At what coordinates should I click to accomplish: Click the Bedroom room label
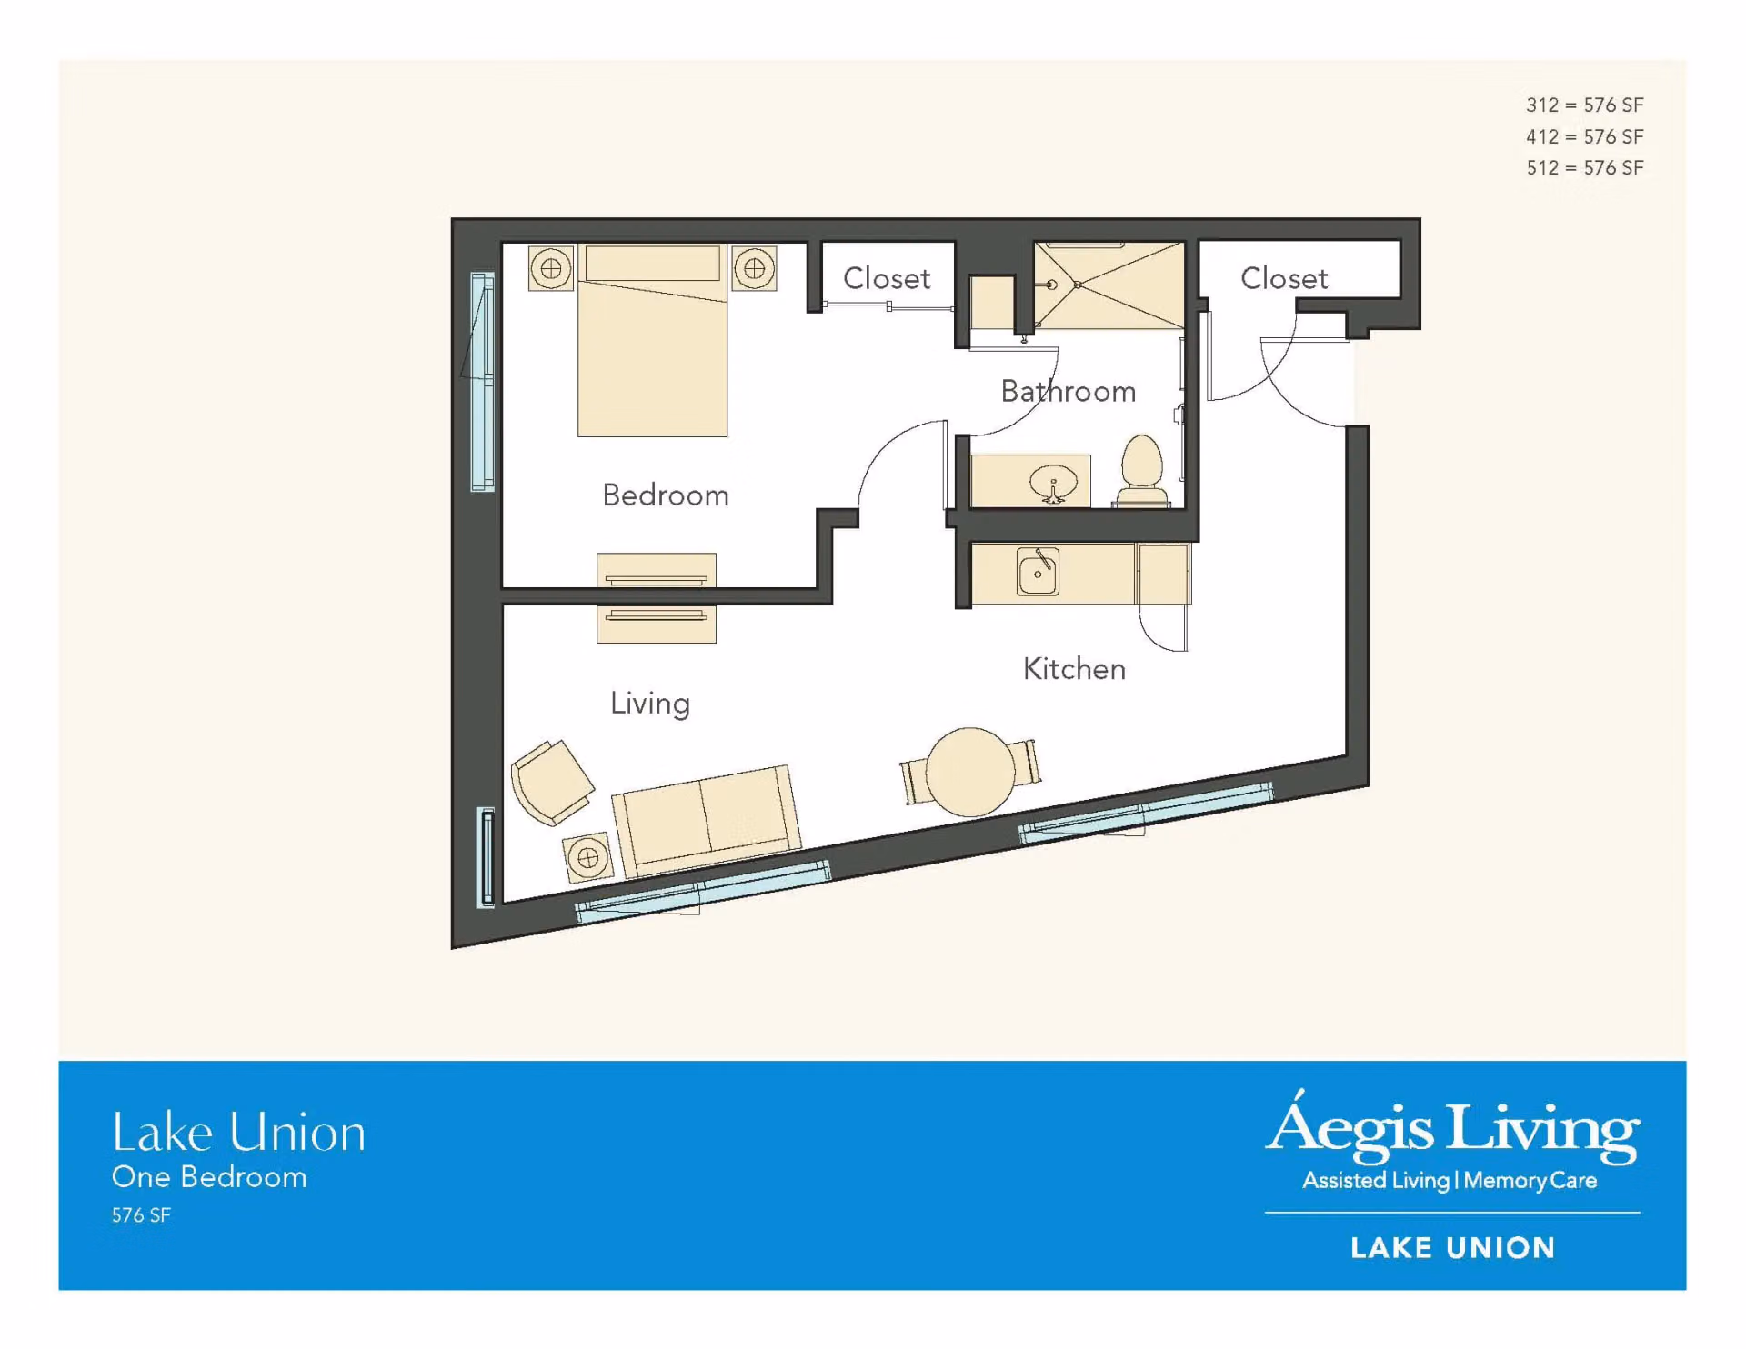666,495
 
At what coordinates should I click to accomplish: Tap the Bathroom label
1069,391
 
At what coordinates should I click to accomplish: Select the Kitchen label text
1074,669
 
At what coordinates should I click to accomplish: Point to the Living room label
650,704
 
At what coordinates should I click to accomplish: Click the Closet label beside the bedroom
887,278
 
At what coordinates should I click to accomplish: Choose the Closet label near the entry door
1284,278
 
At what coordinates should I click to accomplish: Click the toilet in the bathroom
1142,471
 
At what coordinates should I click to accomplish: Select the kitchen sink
1038,572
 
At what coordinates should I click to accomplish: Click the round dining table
970,772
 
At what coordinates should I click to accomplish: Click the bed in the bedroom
652,340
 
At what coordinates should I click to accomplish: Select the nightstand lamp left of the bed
551,268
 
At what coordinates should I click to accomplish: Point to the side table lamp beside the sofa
587,857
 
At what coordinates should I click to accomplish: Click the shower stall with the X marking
1109,285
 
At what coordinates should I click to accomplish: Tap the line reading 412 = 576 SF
1585,136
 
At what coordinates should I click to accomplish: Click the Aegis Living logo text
1453,1127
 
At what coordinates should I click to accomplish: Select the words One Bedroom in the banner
209,1177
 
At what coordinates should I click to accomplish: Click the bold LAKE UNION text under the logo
1453,1248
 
